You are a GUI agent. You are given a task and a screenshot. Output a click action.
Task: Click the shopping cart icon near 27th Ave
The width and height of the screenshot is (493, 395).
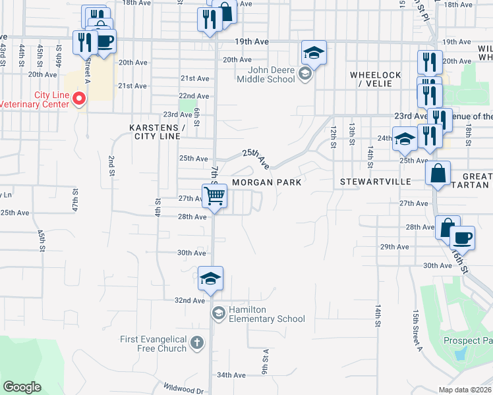point(215,196)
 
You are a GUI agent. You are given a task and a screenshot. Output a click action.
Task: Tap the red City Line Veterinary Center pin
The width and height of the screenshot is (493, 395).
point(79,99)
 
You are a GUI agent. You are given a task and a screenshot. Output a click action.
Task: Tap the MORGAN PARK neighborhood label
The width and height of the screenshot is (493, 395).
point(266,182)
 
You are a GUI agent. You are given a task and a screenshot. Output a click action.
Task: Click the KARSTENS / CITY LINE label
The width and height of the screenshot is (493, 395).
point(157,132)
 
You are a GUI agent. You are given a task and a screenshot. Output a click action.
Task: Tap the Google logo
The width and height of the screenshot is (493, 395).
point(22,387)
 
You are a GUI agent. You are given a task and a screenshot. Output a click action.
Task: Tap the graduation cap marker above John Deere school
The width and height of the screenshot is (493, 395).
point(314,53)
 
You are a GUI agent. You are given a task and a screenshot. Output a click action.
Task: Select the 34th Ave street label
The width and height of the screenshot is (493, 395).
point(231,375)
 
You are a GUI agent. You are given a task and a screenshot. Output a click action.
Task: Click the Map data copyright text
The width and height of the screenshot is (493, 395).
point(465,390)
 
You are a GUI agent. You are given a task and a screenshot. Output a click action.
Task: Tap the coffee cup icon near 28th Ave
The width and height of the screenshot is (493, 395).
point(462,238)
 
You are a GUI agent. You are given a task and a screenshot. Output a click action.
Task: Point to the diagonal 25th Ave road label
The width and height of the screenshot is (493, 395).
point(256,157)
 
